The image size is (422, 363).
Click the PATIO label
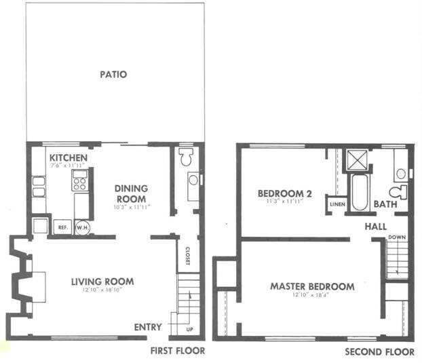(x=115, y=75)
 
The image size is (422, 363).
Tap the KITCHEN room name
(x=68, y=157)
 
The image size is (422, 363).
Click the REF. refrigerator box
(x=61, y=228)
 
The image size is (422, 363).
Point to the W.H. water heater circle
(x=82, y=228)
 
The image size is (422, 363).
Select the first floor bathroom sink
(x=193, y=180)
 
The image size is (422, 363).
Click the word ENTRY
(x=147, y=327)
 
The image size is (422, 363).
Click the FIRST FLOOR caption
(x=177, y=351)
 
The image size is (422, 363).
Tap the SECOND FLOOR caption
(x=379, y=351)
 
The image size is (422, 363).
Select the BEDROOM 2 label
(x=284, y=194)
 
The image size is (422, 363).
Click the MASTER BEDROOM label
(x=312, y=286)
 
